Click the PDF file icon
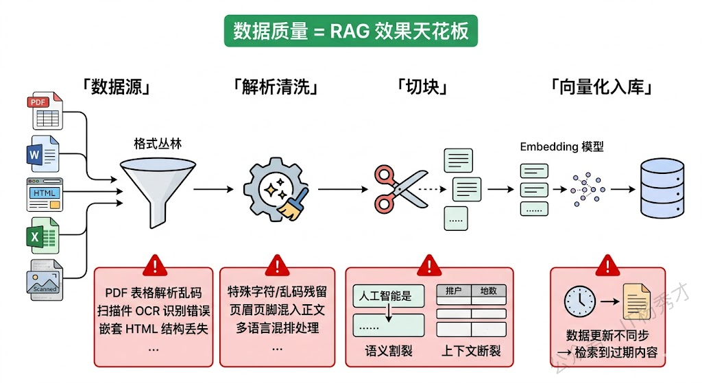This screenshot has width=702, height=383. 44,112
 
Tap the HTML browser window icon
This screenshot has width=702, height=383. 45,194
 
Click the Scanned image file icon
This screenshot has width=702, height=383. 45,280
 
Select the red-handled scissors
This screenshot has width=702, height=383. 396,188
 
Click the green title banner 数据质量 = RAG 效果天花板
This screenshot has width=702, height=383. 350,32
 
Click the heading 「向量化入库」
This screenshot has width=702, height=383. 601,87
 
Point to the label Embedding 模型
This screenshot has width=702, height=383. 561,147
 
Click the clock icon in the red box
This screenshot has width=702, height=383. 580,301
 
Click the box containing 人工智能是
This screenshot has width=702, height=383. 386,296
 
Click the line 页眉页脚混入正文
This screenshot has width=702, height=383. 277,310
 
